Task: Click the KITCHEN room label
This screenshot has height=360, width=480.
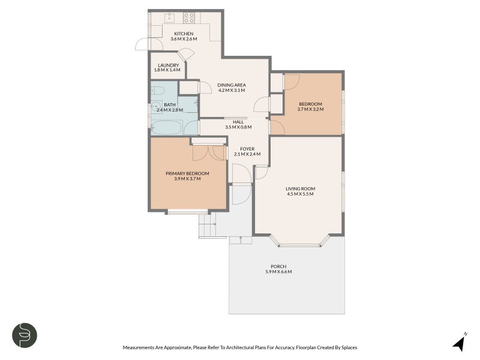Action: pos(184,34)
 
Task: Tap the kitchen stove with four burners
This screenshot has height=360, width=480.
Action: pos(189,17)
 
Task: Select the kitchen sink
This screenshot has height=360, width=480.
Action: pos(170,16)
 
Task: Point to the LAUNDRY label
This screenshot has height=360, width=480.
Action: pos(168,65)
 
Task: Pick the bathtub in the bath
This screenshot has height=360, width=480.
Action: pos(167,128)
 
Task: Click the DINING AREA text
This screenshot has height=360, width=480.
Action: pos(232,85)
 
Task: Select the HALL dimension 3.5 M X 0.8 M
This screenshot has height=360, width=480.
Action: pos(238,127)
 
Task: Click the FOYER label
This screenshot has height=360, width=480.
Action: pos(247,148)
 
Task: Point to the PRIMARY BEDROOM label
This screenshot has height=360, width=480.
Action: pos(187,173)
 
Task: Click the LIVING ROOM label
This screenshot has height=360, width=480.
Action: pos(300,189)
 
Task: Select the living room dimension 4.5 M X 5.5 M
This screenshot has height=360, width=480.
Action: pos(300,194)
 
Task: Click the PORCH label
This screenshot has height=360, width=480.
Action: pos(278,266)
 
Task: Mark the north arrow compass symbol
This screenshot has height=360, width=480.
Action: pos(459,343)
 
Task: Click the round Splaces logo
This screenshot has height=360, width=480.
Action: pos(25,334)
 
